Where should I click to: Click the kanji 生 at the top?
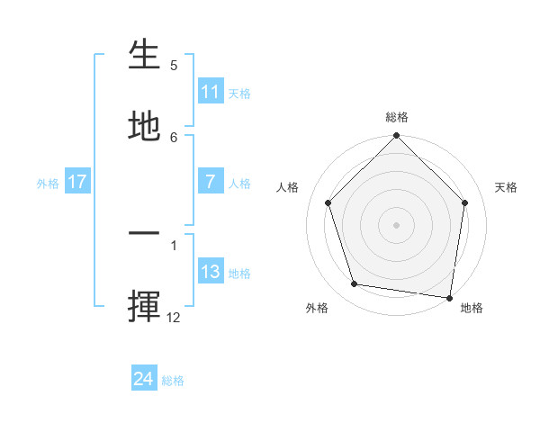144,56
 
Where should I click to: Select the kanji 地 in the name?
144,126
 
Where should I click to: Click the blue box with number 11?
211,92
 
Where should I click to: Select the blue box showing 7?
211,182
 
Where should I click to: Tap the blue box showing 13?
211,272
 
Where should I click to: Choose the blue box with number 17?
77,182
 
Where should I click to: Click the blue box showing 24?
144,379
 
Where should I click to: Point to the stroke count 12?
174,317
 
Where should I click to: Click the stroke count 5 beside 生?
174,66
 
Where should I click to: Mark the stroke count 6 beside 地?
174,137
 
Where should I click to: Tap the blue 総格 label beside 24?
173,381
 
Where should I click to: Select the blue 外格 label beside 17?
48,184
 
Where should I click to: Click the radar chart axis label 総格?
397,117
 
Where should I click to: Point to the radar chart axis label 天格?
507,187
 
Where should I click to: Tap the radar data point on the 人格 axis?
328,202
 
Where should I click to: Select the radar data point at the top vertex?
397,137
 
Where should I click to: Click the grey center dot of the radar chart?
397,224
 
